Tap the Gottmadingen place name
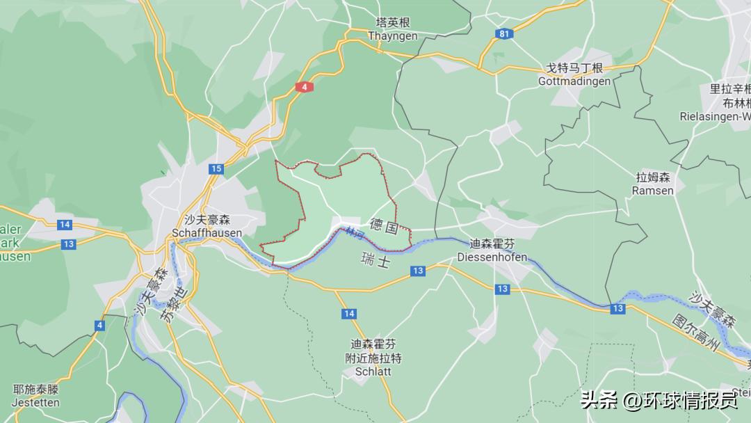[x=574, y=81]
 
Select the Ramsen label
[x=654, y=191]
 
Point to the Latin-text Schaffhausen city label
[x=207, y=233]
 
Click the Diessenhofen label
[x=492, y=257]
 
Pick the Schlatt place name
[x=373, y=372]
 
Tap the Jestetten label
[x=36, y=402]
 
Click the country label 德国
[x=384, y=225]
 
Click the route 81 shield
[x=504, y=33]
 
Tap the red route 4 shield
[x=304, y=87]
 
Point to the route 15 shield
[x=216, y=169]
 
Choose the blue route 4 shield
[x=100, y=325]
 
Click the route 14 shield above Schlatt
[x=349, y=314]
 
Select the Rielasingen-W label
[x=715, y=116]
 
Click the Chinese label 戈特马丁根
[x=574, y=68]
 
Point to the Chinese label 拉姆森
[x=654, y=177]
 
